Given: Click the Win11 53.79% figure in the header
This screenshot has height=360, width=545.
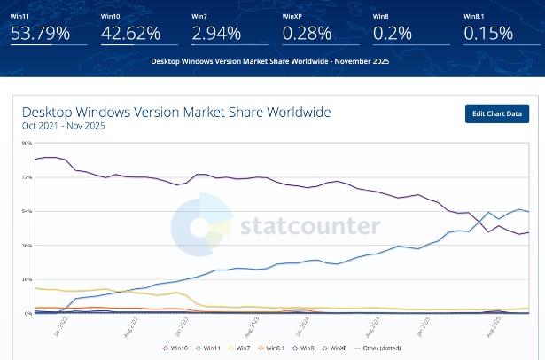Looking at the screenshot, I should (x=42, y=34).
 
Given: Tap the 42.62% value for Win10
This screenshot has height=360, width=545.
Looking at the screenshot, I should (x=132, y=34).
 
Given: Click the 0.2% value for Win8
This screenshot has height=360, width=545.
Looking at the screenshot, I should (x=389, y=34).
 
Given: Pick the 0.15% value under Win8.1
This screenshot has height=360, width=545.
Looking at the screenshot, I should (x=488, y=34).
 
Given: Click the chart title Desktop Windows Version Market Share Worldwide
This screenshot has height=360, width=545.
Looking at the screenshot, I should (x=175, y=113).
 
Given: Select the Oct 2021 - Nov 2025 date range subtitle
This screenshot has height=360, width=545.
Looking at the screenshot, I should (x=63, y=126).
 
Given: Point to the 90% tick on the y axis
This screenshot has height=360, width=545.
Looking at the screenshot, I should (x=27, y=143).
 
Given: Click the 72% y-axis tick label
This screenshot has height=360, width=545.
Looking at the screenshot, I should (x=27, y=177).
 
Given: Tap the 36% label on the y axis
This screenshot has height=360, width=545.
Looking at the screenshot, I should (x=27, y=245).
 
